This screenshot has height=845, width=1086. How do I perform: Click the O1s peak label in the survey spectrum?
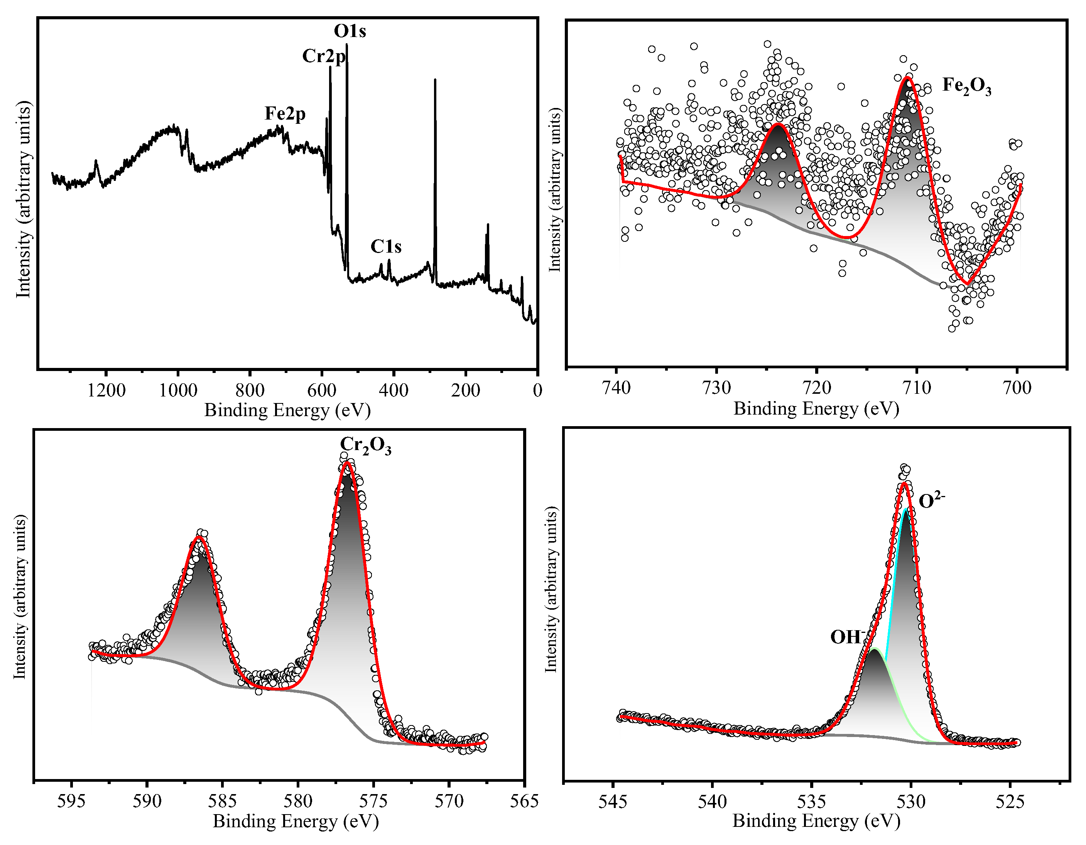tap(350, 31)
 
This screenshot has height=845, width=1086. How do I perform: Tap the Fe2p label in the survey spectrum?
tap(285, 114)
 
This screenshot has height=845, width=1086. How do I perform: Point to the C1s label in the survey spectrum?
tap(386, 246)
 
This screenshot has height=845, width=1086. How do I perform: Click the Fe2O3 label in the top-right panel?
tap(966, 86)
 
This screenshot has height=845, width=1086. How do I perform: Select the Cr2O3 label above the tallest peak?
tap(365, 445)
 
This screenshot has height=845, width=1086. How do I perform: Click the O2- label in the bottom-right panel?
tap(931, 500)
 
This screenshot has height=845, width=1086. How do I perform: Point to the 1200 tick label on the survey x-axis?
tap(106, 390)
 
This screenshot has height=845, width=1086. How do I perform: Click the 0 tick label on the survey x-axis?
tap(537, 390)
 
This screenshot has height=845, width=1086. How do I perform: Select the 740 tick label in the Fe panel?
tap(616, 388)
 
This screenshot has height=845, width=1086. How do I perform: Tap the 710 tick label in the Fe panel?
tap(916, 388)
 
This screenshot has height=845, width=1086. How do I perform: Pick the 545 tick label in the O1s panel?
tap(614, 801)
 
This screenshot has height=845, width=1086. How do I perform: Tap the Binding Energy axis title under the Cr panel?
tap(296, 821)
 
